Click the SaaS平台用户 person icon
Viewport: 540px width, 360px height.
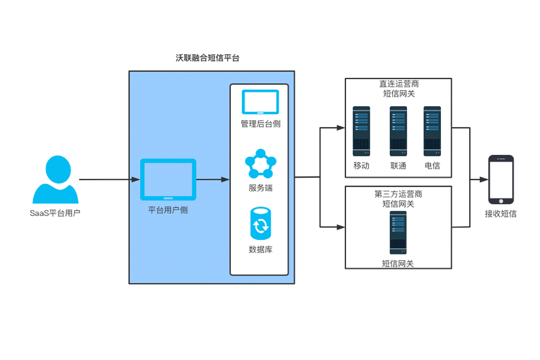55,180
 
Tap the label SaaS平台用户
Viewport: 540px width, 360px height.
55,213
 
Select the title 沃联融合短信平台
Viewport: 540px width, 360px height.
207,58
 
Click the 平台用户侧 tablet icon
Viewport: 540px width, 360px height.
168,179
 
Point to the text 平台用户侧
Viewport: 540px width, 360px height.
168,210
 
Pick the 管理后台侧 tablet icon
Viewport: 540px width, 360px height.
261,102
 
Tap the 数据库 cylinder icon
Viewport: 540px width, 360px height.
260,223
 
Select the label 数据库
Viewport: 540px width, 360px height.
261,249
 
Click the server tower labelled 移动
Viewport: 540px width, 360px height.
361,131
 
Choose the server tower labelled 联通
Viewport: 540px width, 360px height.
398,131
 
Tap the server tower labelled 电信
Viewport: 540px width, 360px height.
432,131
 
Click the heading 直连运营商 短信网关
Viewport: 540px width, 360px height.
398,89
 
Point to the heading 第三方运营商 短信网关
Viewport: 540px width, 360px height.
398,199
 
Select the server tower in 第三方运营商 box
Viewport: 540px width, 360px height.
398,232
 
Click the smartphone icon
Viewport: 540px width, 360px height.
501,180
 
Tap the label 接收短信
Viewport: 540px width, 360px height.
500,214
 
